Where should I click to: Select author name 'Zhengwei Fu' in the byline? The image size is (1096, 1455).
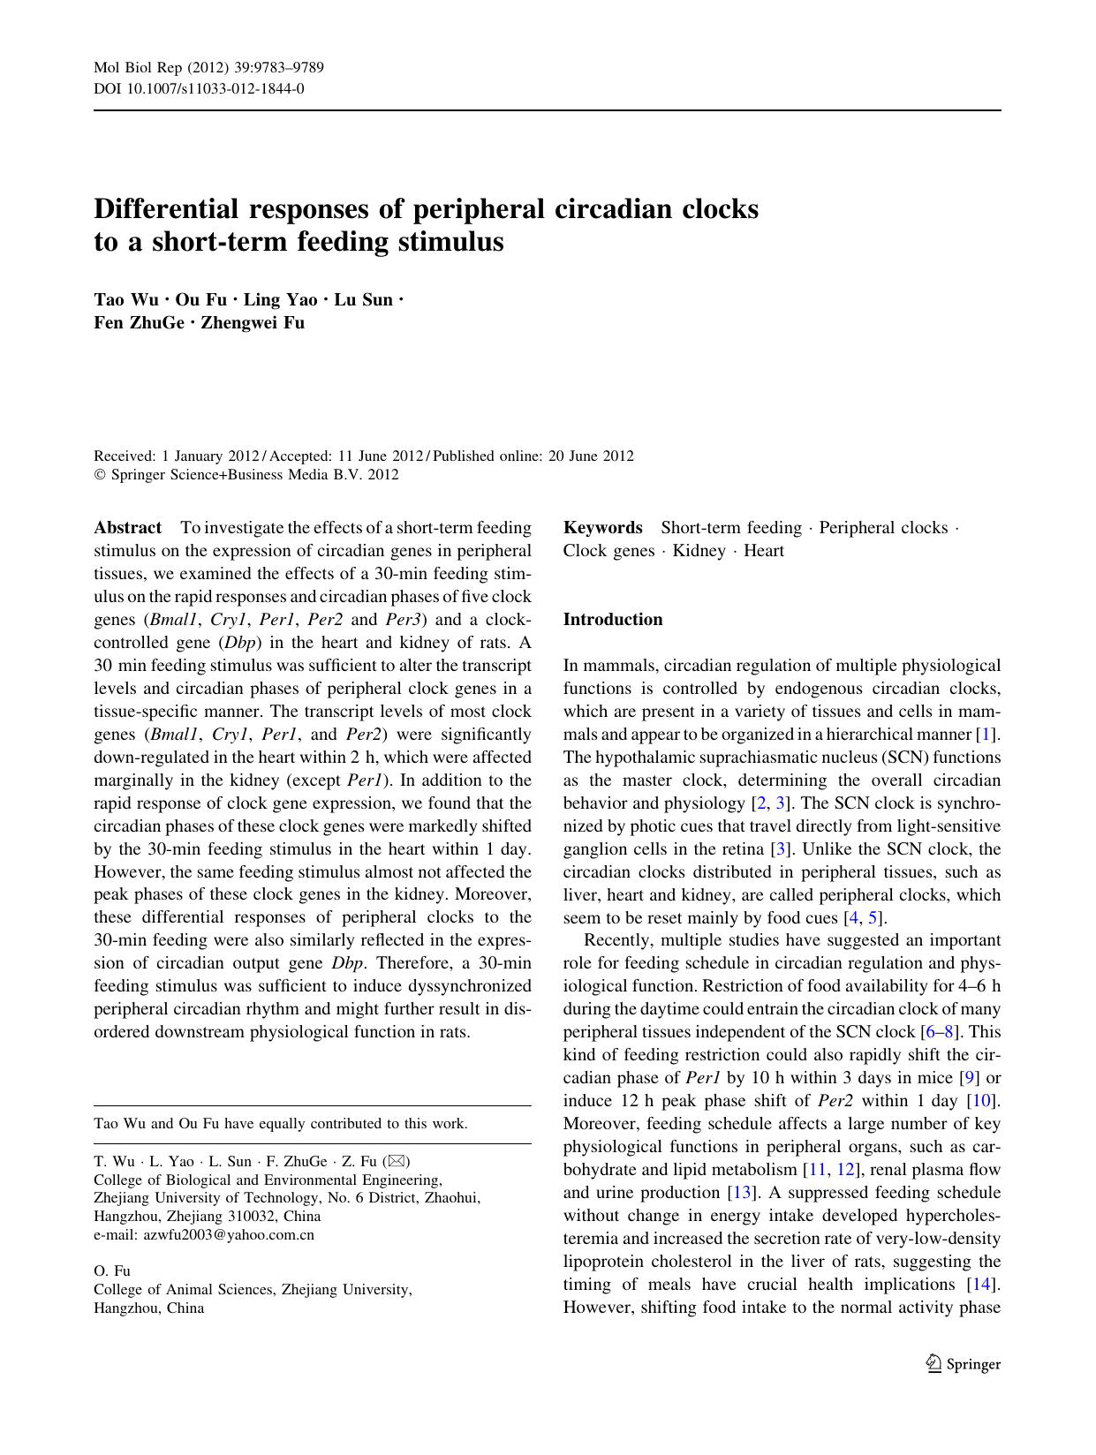tap(253, 322)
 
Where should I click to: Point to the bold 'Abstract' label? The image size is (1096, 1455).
tap(128, 528)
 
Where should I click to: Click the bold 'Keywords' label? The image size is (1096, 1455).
tap(602, 528)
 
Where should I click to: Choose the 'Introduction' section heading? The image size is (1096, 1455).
tap(613, 620)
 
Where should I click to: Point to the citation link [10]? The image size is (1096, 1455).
tap(983, 1101)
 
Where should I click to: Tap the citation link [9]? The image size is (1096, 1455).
tap(970, 1078)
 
